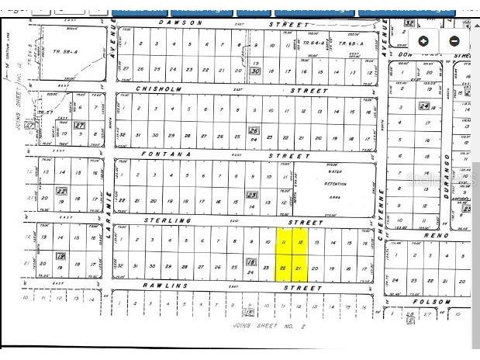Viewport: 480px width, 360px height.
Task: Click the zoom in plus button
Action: [423, 41]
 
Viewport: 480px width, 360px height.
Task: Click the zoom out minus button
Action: [454, 41]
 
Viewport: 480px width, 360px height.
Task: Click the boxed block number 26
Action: [253, 130]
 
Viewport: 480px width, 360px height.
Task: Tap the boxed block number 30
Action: [255, 71]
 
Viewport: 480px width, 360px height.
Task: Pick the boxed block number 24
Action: [424, 106]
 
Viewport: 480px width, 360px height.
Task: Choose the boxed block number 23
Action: [251, 196]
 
